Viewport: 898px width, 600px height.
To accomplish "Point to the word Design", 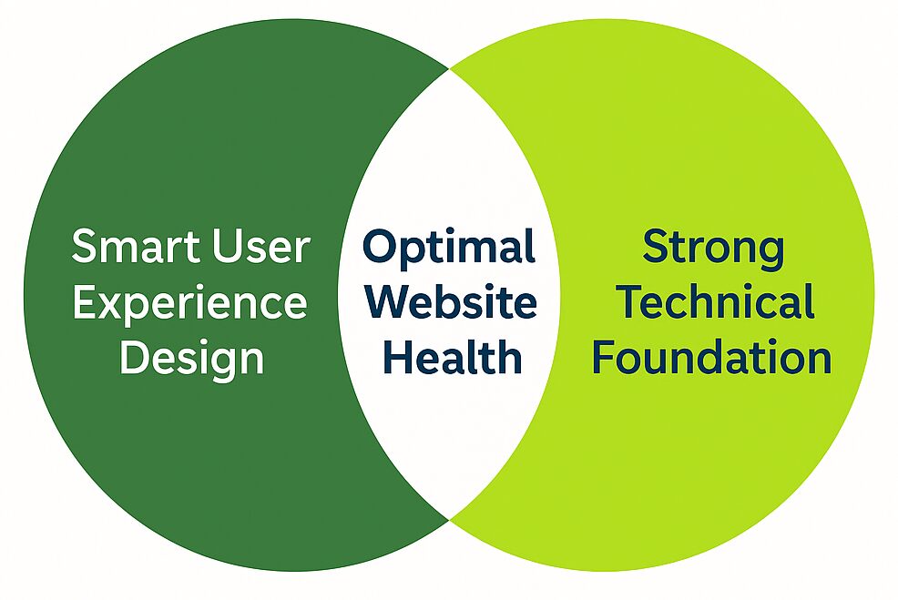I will click(191, 359).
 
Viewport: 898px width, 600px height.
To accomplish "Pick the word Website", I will click(450, 302).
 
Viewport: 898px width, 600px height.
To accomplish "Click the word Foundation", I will click(712, 357).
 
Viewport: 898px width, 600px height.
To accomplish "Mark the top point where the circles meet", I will click(450, 68).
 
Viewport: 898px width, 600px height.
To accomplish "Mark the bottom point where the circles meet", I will click(450, 520).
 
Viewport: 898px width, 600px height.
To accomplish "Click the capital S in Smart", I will click(85, 248).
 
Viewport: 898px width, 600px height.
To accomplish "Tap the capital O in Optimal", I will click(379, 248).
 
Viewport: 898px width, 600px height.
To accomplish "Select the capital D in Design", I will click(133, 357).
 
